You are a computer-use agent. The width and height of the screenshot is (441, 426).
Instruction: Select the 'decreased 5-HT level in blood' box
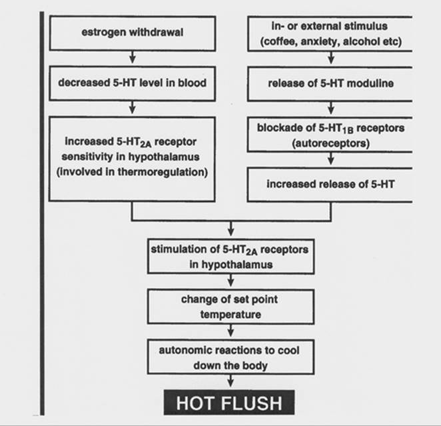tap(133, 85)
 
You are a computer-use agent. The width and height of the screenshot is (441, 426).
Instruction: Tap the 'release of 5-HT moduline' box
tap(330, 85)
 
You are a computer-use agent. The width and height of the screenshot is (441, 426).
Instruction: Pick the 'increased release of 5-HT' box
tap(330, 183)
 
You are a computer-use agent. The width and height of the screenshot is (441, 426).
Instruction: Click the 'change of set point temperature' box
tap(229, 307)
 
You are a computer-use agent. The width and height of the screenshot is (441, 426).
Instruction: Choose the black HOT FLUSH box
tap(229, 403)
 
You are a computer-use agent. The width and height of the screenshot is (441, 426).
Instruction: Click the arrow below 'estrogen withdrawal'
tap(133, 58)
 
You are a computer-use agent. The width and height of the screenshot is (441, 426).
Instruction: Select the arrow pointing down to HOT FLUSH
tap(229, 381)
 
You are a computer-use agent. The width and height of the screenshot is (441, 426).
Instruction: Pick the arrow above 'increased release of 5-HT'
tap(330, 160)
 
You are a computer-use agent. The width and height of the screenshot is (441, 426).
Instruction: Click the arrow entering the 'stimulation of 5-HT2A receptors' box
tap(229, 231)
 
